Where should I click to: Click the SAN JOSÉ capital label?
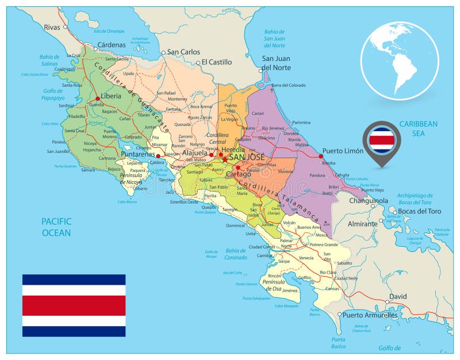tap(247, 156)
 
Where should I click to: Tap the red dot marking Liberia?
tap(98, 98)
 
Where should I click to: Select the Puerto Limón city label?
tap(343, 151)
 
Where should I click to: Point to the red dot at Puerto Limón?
tap(321, 156)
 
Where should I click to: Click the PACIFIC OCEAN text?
tap(56, 227)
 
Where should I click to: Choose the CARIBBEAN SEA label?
tap(419, 128)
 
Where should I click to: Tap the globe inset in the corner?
tap(400, 60)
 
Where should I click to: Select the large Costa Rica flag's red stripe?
tap(74, 305)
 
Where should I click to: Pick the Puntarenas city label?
tap(139, 154)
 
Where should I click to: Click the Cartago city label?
tap(239, 174)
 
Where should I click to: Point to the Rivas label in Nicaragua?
tap(52, 26)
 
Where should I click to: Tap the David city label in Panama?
tap(397, 297)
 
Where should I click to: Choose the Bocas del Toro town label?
tap(419, 211)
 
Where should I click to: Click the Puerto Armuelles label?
tap(370, 315)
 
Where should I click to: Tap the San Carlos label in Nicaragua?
tap(183, 52)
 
